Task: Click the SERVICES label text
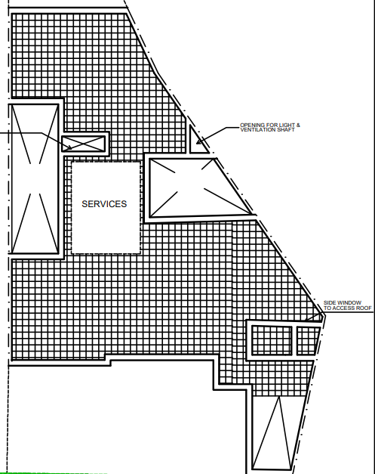click(104, 204)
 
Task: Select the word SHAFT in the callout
click(287, 130)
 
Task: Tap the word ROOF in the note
click(364, 308)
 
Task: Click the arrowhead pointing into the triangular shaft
click(199, 141)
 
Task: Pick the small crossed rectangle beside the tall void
click(83, 144)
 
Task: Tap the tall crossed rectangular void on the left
click(34, 178)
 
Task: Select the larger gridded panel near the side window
click(272, 340)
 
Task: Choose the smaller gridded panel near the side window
click(307, 340)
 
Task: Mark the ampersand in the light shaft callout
click(298, 125)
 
